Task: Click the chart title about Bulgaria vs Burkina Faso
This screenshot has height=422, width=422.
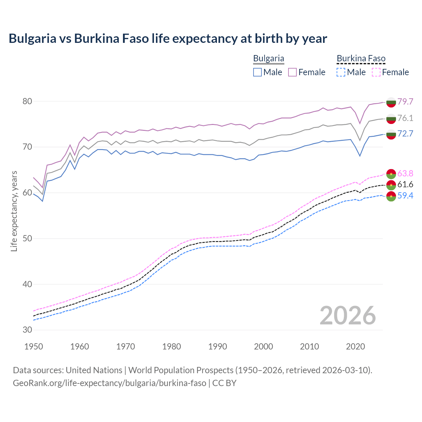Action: (x=168, y=39)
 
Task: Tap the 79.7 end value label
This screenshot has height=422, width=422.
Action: (x=405, y=102)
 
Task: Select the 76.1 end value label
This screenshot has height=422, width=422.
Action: (x=405, y=118)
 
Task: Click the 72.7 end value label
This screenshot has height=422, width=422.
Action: (x=405, y=134)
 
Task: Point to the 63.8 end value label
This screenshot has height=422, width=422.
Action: (x=405, y=173)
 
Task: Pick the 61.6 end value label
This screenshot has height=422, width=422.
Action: (x=405, y=184)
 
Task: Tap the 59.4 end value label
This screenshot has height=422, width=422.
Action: (x=405, y=196)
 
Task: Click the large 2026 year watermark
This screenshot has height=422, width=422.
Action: (x=348, y=316)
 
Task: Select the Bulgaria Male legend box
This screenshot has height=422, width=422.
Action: (x=257, y=72)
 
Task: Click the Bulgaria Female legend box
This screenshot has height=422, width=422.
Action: (x=292, y=72)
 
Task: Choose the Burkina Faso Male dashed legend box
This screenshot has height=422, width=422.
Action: (x=341, y=72)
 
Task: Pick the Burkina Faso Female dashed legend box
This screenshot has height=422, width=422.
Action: (x=376, y=72)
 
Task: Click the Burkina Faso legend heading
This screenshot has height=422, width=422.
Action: (x=361, y=58)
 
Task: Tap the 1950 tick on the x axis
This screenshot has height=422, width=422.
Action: (x=34, y=347)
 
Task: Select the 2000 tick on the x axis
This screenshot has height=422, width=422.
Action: (x=263, y=347)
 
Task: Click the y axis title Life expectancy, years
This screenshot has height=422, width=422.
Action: (x=14, y=211)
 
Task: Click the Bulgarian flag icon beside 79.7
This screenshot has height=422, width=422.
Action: (x=391, y=102)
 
